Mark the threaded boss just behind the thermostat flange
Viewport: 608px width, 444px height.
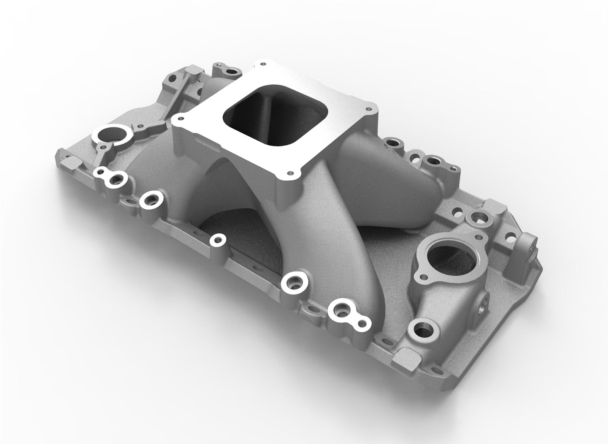point(474,218)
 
